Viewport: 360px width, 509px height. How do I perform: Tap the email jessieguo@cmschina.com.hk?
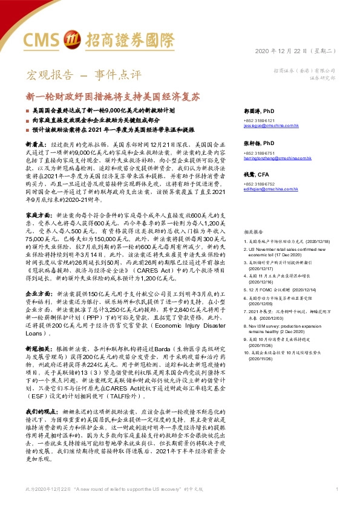coord(267,126)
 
